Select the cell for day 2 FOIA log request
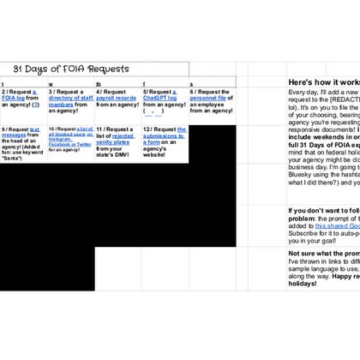coord(23,104)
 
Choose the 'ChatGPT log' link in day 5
coord(160,98)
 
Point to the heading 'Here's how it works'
coord(324,82)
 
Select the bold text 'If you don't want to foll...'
coord(324,209)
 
